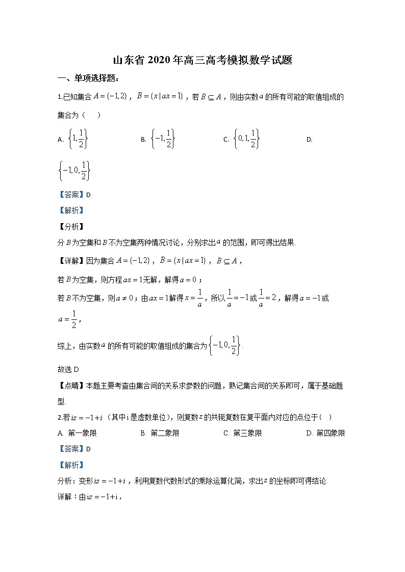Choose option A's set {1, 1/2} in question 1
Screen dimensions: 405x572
[x=78, y=139]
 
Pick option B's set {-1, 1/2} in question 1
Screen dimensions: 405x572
[x=163, y=139]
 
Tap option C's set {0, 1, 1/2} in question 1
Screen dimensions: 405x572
[x=247, y=139]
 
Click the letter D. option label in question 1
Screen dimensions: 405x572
[x=309, y=140]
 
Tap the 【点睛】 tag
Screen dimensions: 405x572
[x=70, y=386]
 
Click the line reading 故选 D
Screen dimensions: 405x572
[x=67, y=369]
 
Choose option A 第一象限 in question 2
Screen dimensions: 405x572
[x=78, y=433]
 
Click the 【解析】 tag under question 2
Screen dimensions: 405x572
[x=70, y=465]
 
